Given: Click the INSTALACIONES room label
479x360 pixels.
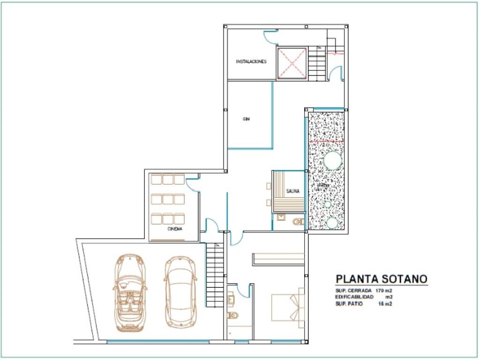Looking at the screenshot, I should pyautogui.click(x=251, y=61).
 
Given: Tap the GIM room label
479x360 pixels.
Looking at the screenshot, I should pyautogui.click(x=246, y=119).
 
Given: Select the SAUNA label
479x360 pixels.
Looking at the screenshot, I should pyautogui.click(x=293, y=191).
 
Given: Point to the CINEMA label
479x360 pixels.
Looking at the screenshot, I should pyautogui.click(x=175, y=229).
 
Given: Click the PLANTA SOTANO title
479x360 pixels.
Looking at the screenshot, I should pyautogui.click(x=381, y=279).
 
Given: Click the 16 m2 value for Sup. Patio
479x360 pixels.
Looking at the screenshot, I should pyautogui.click(x=385, y=304).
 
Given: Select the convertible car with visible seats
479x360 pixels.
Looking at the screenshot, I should pyautogui.click(x=129, y=292).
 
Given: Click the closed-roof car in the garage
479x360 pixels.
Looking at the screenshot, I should pyautogui.click(x=180, y=292).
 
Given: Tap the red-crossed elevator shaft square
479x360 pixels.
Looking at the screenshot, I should pyautogui.click(x=292, y=63).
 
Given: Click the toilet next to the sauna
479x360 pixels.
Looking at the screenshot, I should pyautogui.click(x=298, y=222).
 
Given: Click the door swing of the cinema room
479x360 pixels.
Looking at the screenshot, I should pyautogui.click(x=192, y=185).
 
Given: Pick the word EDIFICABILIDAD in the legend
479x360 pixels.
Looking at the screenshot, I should pyautogui.click(x=355, y=297).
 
